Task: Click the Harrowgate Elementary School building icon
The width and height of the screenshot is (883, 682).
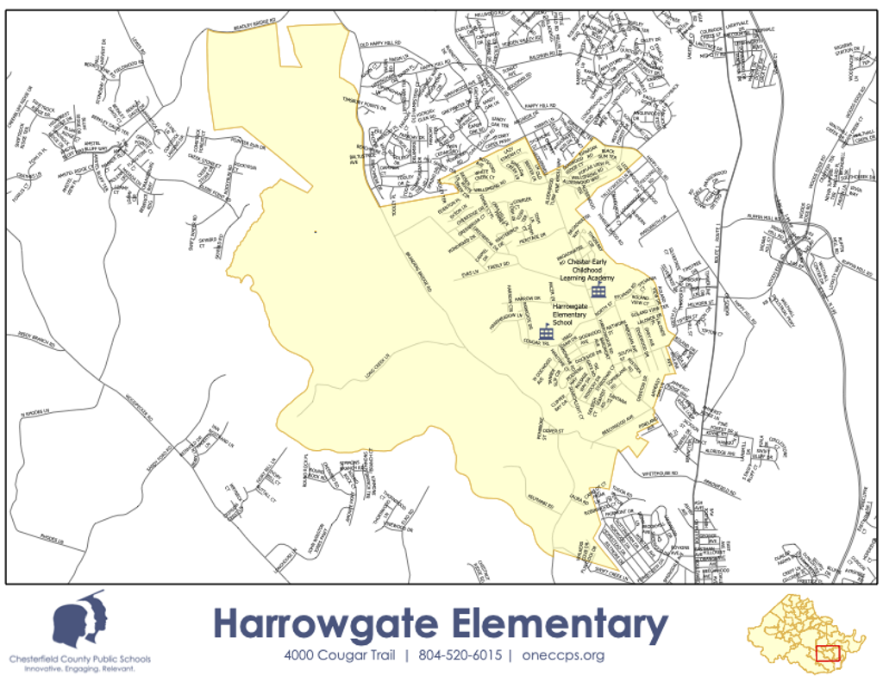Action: coord(546,333)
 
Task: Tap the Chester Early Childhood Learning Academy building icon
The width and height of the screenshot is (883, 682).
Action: coord(598,291)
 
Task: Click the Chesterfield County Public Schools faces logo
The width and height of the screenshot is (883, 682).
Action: coord(80,620)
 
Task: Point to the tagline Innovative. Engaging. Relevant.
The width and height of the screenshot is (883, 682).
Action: coord(80,669)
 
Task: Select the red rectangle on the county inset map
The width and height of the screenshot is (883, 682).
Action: coord(828,654)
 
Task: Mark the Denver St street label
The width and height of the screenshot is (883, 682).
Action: coord(554,429)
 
